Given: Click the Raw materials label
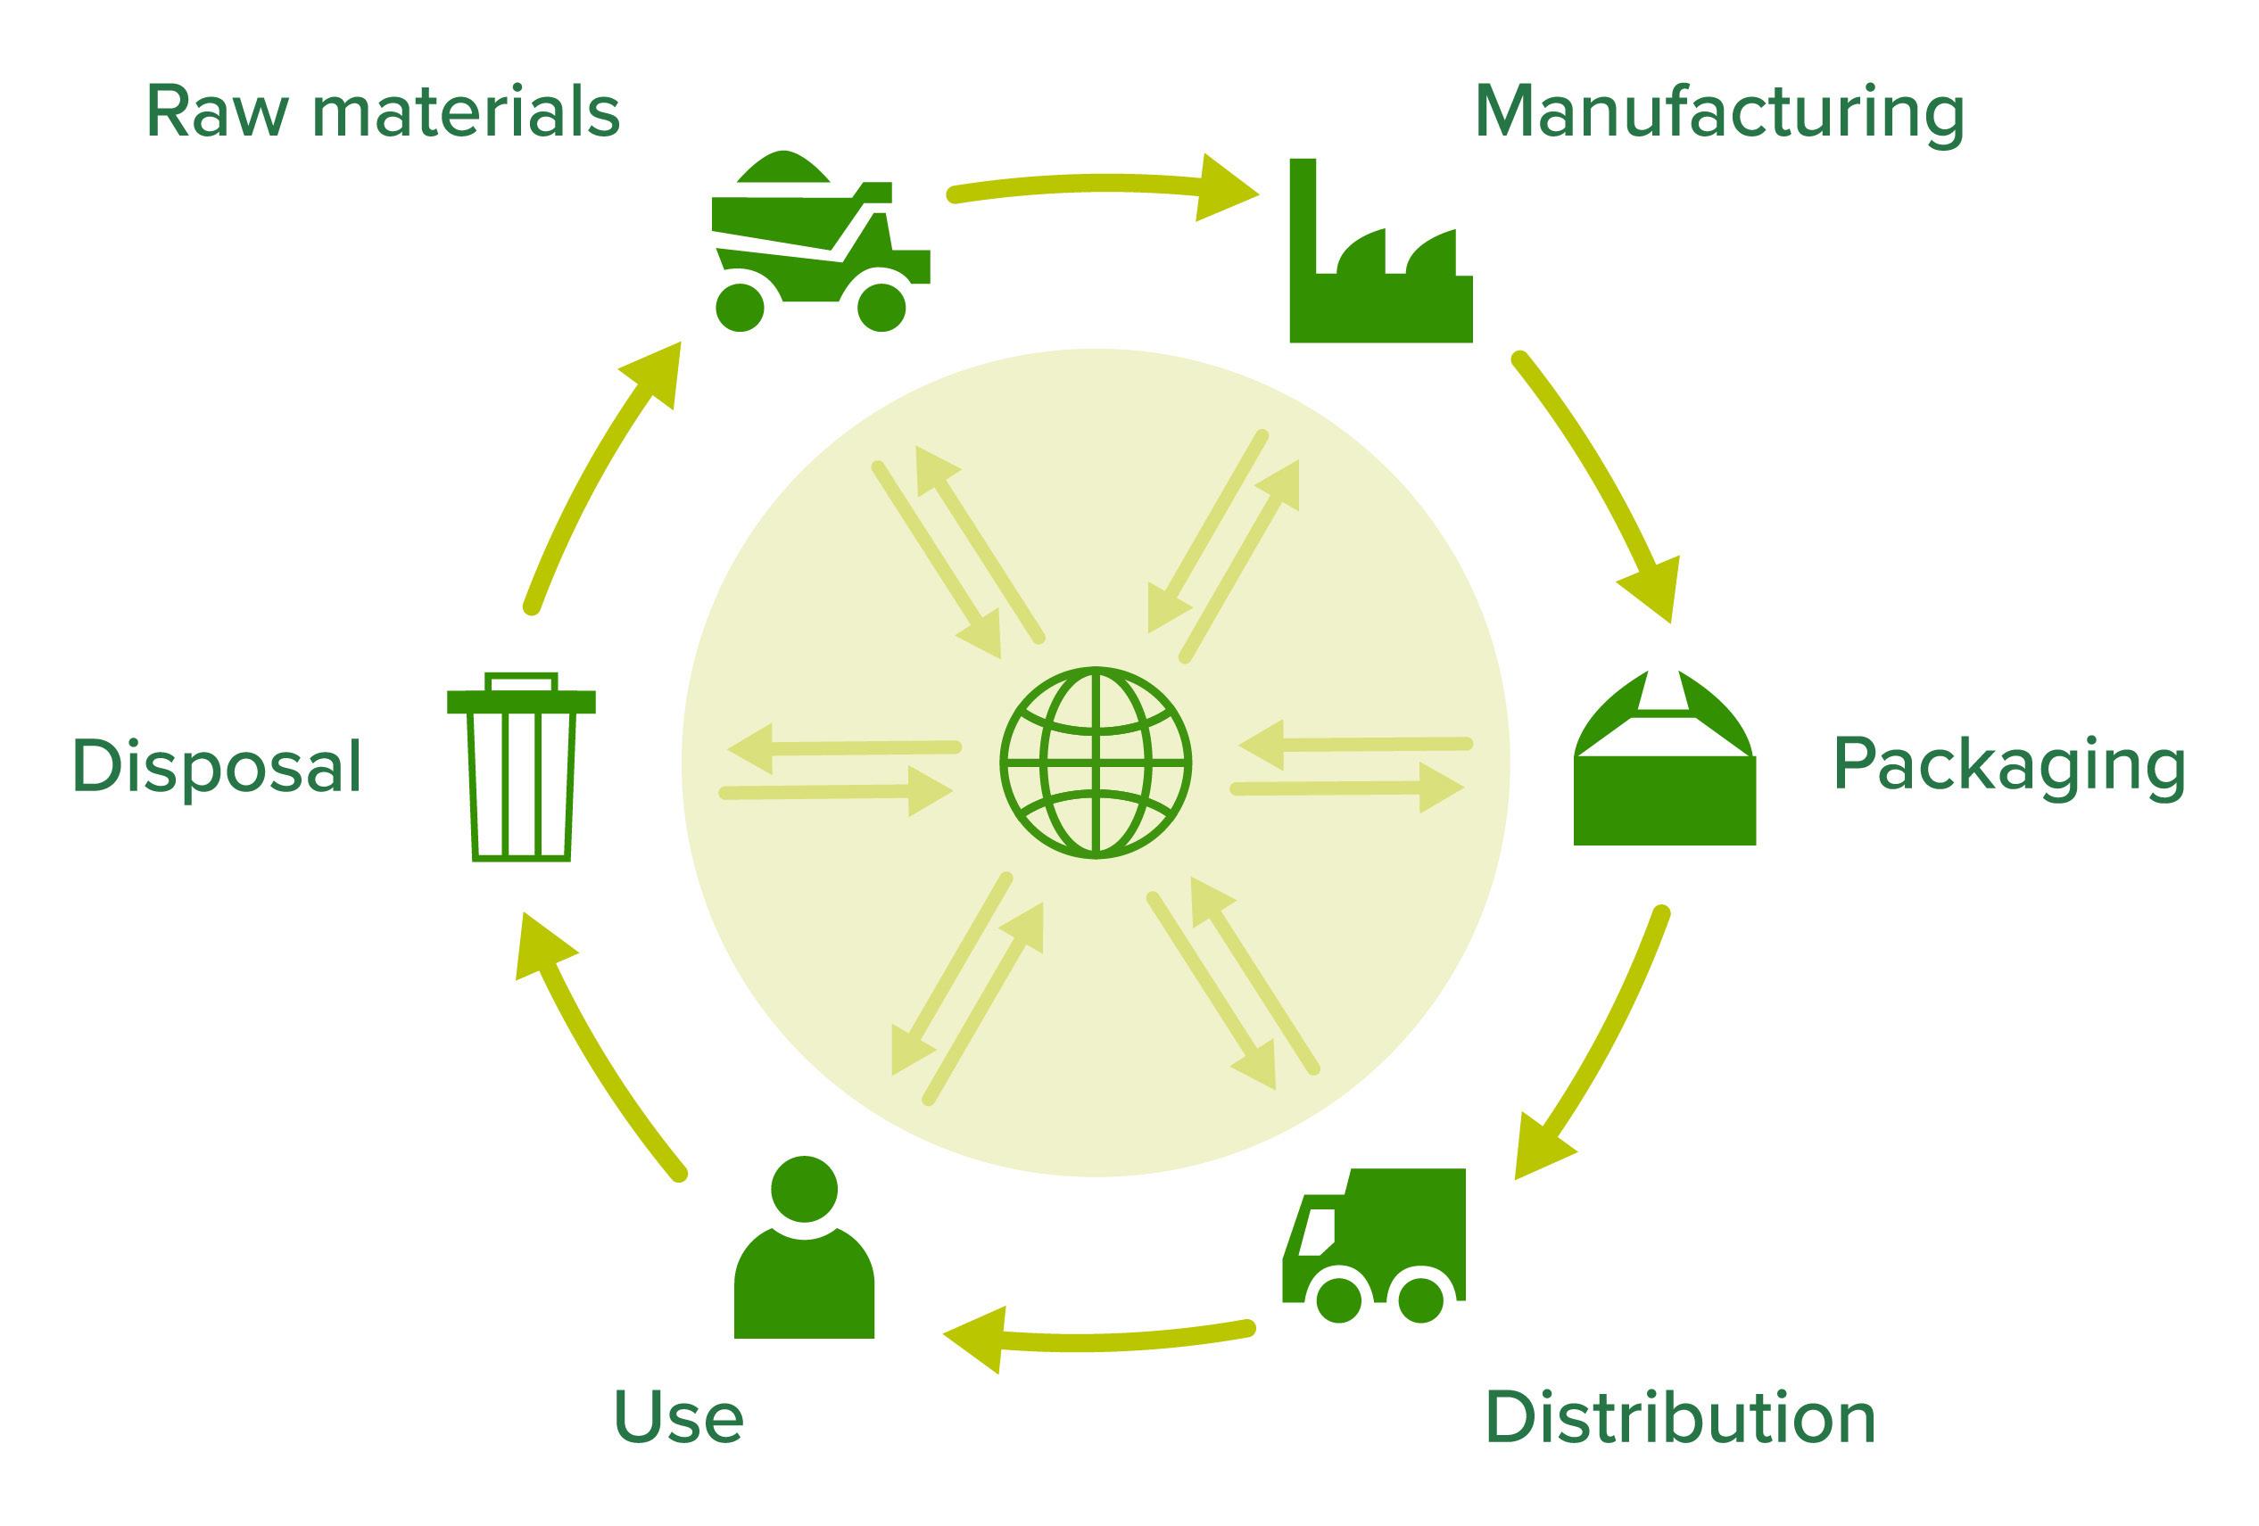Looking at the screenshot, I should (x=382, y=112).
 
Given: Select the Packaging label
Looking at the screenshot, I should (x=2008, y=767).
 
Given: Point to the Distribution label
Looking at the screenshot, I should (x=1681, y=1418).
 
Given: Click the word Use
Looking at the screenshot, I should (x=678, y=1418).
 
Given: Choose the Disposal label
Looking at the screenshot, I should (x=217, y=767).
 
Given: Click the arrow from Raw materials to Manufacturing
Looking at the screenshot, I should (x=1098, y=185).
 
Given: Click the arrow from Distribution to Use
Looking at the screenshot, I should (x=1098, y=1341).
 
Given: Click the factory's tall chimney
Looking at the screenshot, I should (x=1303, y=214).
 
